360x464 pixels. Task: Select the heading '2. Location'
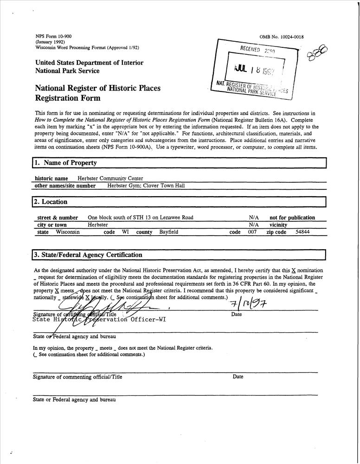(x=51, y=202)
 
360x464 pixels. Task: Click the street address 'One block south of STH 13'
(x=140, y=218)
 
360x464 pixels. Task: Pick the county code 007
(x=252, y=232)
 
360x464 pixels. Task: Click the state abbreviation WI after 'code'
(x=125, y=232)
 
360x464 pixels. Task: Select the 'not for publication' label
(x=292, y=218)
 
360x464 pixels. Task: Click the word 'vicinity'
(x=278, y=225)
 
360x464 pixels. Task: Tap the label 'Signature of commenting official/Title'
(x=77, y=377)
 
